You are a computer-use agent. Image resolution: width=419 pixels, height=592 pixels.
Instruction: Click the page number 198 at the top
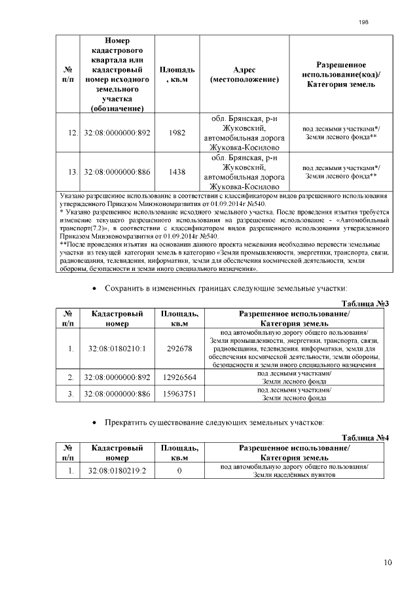pos(364,22)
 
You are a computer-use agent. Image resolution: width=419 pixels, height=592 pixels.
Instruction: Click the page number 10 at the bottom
pos(388,561)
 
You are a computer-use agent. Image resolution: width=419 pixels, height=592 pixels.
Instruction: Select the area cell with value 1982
pos(177,133)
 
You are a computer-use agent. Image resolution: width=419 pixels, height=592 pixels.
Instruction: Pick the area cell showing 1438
pos(177,172)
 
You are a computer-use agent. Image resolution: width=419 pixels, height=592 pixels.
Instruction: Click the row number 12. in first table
pos(73,133)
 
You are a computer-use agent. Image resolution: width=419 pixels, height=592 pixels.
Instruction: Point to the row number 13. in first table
pos(73,172)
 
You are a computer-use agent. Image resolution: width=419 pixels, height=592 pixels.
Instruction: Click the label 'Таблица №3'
pos(365,304)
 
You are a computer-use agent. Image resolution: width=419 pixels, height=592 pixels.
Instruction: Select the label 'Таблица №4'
pos(365,438)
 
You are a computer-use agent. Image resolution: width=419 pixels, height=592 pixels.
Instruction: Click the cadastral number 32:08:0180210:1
pos(117,349)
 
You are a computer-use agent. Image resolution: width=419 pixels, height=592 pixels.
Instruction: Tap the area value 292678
pos(179,349)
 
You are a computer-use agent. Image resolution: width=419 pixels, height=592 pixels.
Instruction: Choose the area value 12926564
pos(179,377)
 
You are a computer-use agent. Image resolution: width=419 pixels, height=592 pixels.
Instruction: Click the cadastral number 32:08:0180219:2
pos(117,470)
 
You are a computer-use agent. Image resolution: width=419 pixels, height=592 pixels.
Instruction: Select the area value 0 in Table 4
pos(179,470)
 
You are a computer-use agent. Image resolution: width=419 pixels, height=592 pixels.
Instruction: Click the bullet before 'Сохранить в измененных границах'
pos(96,288)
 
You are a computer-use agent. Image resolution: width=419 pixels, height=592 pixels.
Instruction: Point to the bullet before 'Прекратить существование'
pos(96,422)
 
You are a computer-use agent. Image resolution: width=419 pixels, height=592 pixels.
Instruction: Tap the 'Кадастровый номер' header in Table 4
pos(117,453)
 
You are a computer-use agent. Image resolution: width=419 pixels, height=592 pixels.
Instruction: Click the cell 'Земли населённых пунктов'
pos(294,475)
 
